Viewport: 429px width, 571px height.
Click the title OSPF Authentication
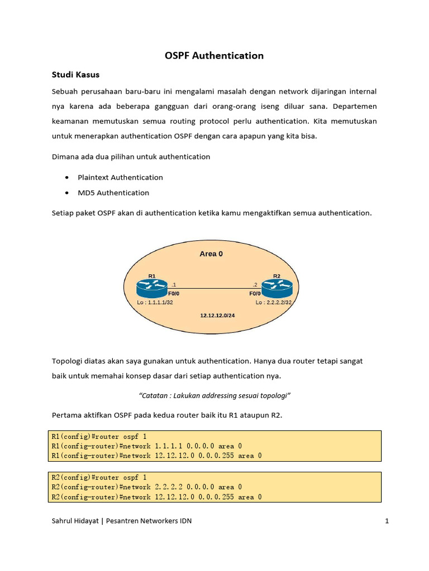point(214,56)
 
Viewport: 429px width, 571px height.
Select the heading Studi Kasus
point(75,74)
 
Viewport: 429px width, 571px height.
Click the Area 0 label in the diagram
point(211,254)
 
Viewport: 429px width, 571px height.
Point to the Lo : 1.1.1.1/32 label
point(155,302)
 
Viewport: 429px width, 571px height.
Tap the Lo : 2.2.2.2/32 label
point(274,302)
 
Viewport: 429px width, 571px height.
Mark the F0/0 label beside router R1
point(174,293)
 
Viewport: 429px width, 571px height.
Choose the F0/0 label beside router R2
point(255,293)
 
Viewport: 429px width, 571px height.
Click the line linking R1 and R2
point(214,288)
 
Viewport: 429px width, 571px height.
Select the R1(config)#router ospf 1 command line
point(99,436)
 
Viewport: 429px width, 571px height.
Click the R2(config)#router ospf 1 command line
point(99,477)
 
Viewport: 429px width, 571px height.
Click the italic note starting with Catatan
point(214,395)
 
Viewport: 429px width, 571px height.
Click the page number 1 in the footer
point(386,521)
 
